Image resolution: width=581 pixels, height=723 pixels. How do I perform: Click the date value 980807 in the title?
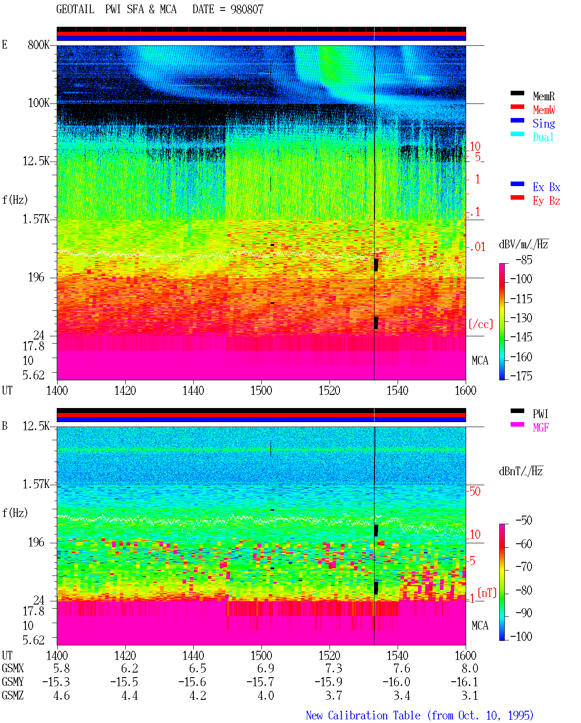point(246,10)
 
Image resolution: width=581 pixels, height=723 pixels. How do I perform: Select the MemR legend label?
point(543,96)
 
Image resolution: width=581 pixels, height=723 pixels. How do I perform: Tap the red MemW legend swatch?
point(517,107)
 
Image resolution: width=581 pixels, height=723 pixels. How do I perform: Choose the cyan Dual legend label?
point(543,137)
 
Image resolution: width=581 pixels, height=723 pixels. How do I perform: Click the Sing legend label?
point(543,123)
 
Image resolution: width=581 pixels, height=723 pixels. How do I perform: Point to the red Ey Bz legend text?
point(546,201)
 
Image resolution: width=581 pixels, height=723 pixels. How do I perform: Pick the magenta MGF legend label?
point(541,428)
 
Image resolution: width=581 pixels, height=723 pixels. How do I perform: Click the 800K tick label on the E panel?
point(39,44)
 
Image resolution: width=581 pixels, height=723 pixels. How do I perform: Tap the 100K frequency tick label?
point(39,103)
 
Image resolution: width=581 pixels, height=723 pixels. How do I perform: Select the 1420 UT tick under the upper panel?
point(125,391)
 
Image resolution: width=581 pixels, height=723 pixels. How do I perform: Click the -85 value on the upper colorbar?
point(524,260)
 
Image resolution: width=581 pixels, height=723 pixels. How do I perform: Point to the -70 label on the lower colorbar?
point(524,567)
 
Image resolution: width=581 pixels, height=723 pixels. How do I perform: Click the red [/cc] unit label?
point(481,324)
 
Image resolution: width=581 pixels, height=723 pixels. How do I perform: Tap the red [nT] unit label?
point(487,593)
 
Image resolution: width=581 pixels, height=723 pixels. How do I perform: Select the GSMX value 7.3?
point(333,669)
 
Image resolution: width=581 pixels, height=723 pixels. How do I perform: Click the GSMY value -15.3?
point(56,682)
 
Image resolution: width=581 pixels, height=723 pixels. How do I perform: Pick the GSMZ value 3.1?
point(469,695)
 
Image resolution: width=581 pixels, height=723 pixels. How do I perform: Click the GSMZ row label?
point(13,695)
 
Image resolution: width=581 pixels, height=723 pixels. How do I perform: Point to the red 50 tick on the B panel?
point(474,492)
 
